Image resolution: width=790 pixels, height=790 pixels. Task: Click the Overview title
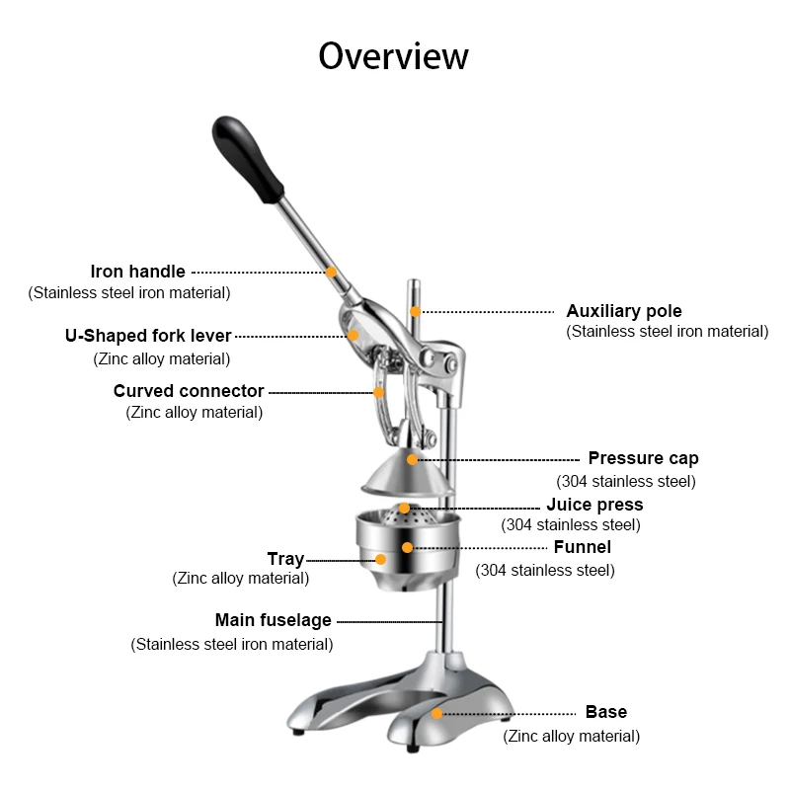click(x=393, y=56)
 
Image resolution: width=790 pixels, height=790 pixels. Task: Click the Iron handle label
click(x=137, y=271)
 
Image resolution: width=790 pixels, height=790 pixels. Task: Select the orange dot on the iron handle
click(x=332, y=272)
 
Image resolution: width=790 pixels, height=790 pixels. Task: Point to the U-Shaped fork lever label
click(x=148, y=336)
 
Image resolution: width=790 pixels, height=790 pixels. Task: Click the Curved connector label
click(x=188, y=391)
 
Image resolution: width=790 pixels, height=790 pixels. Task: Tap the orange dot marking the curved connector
click(x=378, y=392)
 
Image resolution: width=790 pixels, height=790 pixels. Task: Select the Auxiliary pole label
click(x=623, y=311)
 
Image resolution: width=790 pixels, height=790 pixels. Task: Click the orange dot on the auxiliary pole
click(x=416, y=311)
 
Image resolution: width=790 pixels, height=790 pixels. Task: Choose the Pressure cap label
click(x=643, y=458)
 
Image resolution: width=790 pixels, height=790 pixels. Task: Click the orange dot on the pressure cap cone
click(x=413, y=459)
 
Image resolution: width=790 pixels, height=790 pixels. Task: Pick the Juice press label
click(x=594, y=505)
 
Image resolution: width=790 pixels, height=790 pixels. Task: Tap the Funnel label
click(x=582, y=547)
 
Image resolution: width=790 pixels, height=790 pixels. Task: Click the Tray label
click(x=285, y=559)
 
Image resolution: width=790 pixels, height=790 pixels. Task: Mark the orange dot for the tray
click(x=380, y=560)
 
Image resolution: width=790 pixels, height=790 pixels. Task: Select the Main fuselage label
click(x=274, y=621)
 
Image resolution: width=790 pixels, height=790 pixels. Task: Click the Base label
click(x=605, y=712)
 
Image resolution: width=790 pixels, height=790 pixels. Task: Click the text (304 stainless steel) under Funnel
click(x=545, y=570)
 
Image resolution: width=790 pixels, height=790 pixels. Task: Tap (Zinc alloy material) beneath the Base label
click(x=571, y=736)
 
